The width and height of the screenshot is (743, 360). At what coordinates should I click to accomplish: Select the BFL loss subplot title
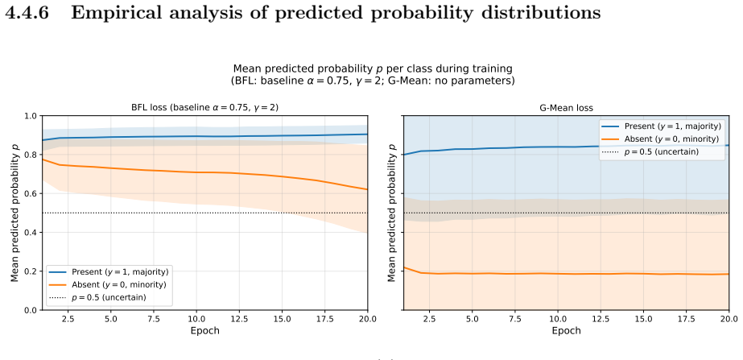pyautogui.click(x=204, y=107)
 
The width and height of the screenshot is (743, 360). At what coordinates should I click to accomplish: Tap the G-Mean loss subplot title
pyautogui.click(x=566, y=108)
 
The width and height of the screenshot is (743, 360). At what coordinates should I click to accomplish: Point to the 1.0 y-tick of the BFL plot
pyautogui.click(x=31, y=116)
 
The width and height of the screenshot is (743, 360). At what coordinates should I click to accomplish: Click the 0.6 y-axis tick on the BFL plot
pyautogui.click(x=31, y=193)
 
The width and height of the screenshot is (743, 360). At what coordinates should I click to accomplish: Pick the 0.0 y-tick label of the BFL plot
pyautogui.click(x=31, y=310)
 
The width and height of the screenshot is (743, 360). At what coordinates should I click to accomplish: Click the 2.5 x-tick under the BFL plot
pyautogui.click(x=68, y=319)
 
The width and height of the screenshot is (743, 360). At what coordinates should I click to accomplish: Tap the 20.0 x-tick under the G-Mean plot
pyautogui.click(x=729, y=319)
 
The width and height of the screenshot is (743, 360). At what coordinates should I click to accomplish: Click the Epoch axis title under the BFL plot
pyautogui.click(x=204, y=330)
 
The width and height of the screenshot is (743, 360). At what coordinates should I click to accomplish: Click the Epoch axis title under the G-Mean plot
pyautogui.click(x=566, y=330)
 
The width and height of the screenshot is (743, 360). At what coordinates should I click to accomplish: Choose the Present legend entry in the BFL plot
pyautogui.click(x=108, y=271)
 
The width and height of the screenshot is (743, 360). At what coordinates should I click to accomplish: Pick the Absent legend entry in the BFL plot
pyautogui.click(x=107, y=284)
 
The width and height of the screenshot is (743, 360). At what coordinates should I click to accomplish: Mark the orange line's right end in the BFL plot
pyautogui.click(x=367, y=190)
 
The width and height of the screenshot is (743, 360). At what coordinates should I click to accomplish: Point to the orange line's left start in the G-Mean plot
pyautogui.click(x=404, y=267)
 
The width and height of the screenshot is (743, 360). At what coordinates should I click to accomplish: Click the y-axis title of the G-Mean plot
pyautogui.click(x=392, y=213)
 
